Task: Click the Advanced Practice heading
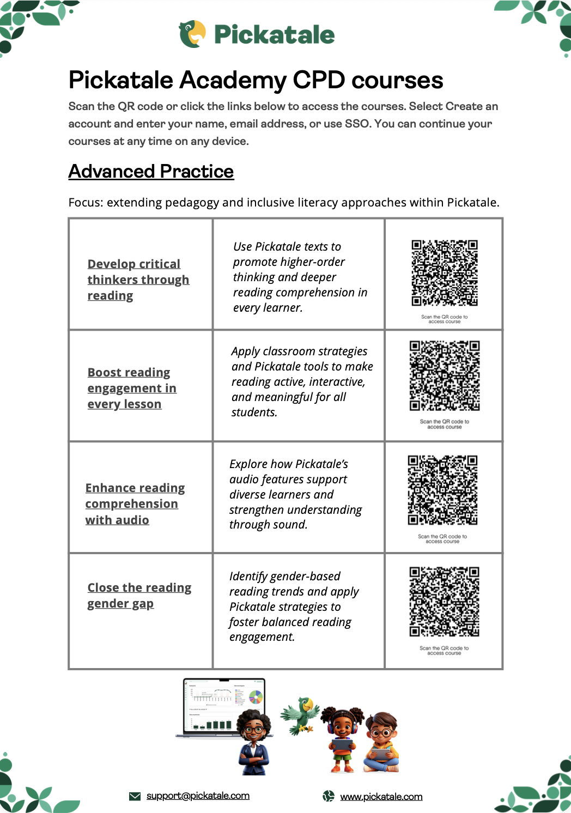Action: [x=151, y=172]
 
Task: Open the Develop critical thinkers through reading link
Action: [x=138, y=280]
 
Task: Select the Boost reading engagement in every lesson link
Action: [x=131, y=388]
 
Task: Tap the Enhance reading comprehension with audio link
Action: [x=135, y=503]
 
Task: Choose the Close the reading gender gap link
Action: [x=139, y=595]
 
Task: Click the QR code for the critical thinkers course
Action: [x=445, y=273]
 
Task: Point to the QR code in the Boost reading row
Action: [x=445, y=375]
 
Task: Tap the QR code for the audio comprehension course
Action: [x=442, y=490]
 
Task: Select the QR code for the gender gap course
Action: [x=445, y=602]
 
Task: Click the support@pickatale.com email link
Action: [x=198, y=796]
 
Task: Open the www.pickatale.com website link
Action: [x=381, y=797]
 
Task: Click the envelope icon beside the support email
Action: [x=135, y=796]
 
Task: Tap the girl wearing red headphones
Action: [x=342, y=739]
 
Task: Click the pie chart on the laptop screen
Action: [x=256, y=696]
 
